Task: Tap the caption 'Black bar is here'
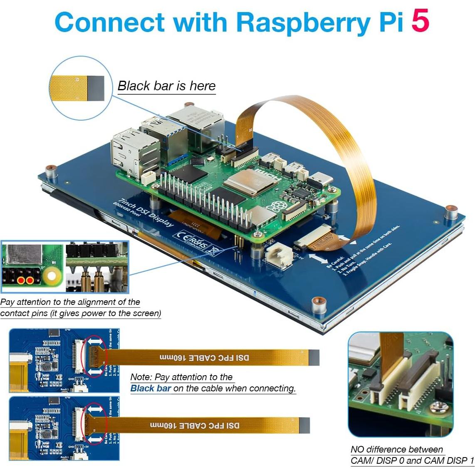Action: tap(166, 86)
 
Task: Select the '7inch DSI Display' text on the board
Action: tap(146, 212)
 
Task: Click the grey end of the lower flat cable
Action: tap(305, 425)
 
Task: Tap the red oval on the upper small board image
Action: tap(95, 357)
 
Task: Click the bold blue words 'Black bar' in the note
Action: tap(151, 388)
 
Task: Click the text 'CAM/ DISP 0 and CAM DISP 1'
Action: tap(412, 460)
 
